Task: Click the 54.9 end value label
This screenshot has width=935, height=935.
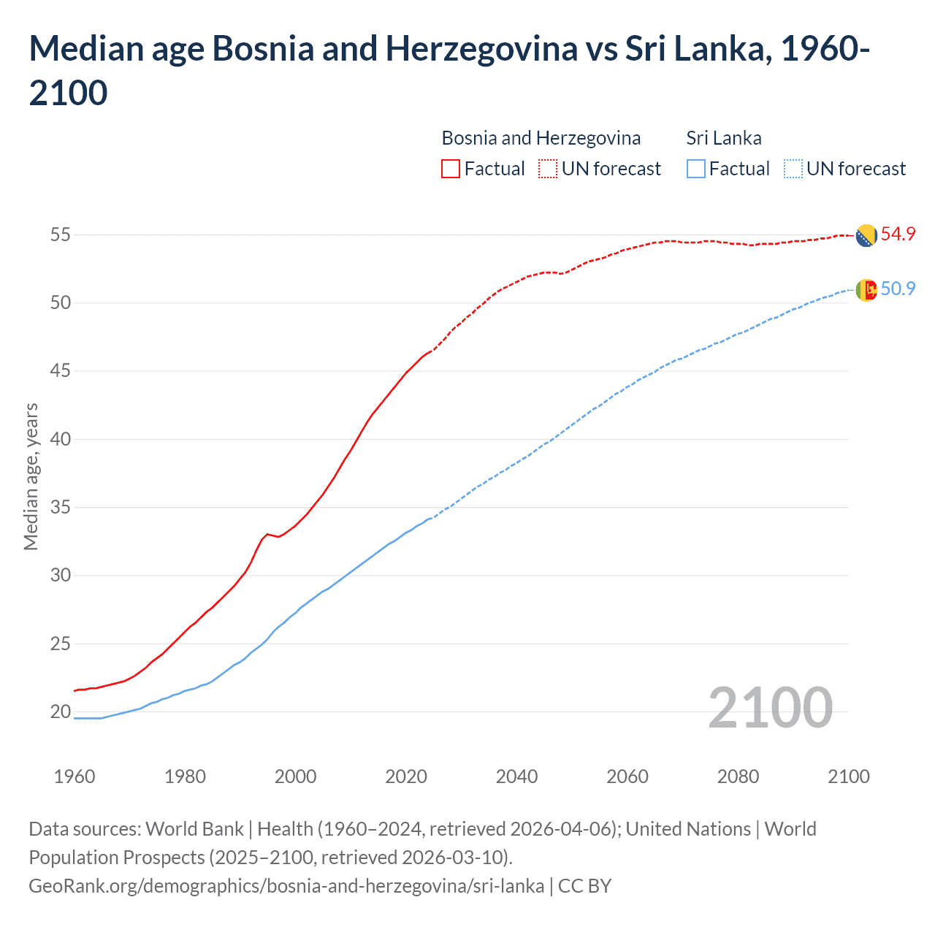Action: coord(898,234)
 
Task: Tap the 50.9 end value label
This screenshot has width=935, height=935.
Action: coord(898,289)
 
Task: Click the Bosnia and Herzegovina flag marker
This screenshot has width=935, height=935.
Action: coord(866,236)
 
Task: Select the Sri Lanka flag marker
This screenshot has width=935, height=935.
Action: coord(866,290)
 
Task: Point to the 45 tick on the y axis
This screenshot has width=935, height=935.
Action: coord(60,371)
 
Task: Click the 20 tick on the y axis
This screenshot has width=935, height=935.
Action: coord(60,712)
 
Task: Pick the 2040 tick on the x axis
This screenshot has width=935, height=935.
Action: coord(516,776)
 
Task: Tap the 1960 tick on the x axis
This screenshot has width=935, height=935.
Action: coord(75,776)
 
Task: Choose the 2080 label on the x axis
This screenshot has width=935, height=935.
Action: coord(738,776)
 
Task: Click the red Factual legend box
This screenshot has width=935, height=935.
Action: coord(451,169)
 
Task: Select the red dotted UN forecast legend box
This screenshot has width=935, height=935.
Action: coord(548,169)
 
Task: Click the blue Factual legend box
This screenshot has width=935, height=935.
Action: coord(696,169)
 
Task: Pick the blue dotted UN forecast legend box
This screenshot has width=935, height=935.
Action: coord(793,169)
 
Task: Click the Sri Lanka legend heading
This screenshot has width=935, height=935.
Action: coord(724,138)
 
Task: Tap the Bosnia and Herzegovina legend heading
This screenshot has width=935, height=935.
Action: coord(541,138)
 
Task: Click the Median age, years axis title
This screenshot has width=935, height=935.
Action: coord(31,476)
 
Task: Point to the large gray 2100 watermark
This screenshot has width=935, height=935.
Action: coord(770,708)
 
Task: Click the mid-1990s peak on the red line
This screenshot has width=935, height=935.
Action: coord(267,534)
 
